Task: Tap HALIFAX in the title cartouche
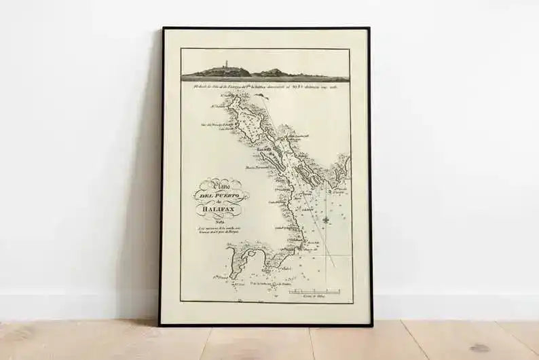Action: click(219, 210)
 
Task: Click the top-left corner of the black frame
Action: click(163, 29)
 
